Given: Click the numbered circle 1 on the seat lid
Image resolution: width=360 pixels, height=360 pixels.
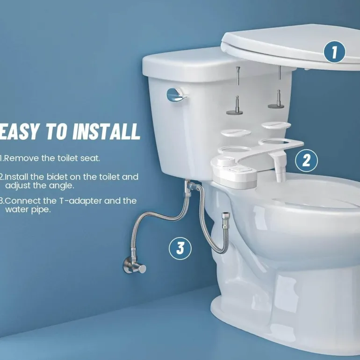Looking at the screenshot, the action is point(334,52).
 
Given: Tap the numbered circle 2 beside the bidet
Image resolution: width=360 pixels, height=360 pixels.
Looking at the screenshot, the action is point(306,160).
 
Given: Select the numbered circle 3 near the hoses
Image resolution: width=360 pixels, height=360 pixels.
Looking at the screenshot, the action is point(180,248).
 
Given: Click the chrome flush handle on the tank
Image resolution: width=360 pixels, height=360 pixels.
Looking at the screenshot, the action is point(176,95).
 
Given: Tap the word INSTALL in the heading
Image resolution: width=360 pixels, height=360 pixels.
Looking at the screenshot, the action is point(106,131).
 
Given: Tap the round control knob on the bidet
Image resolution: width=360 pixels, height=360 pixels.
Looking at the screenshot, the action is point(226,161).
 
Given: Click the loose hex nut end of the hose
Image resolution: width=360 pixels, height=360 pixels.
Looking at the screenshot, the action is point(225,220).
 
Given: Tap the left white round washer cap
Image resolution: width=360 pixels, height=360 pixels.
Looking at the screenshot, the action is point(236,133).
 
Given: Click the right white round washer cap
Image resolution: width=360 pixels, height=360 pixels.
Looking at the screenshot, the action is point(276,125).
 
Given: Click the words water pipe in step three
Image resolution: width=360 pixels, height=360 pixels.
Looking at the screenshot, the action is point(28,209).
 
